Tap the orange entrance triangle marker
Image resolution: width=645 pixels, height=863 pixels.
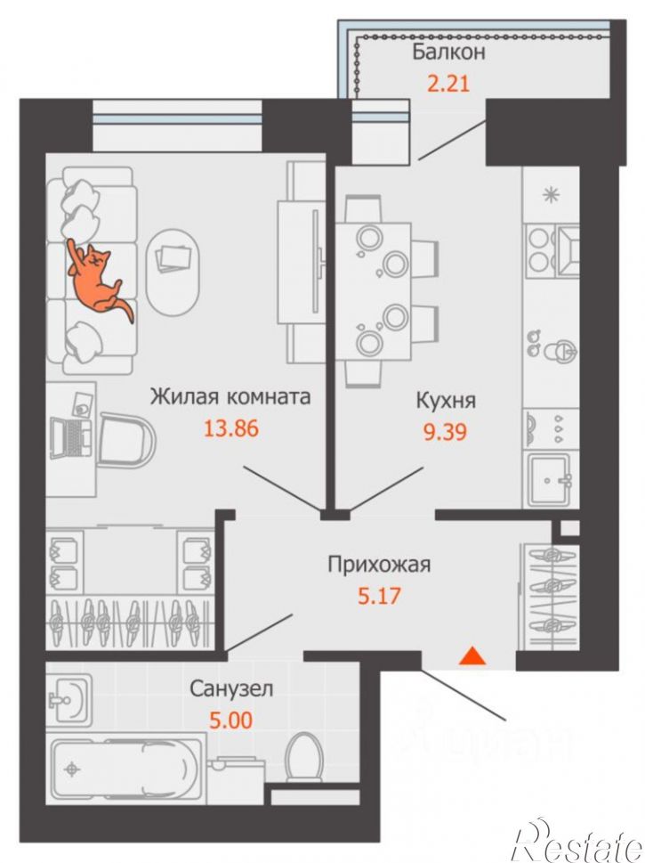(x=472, y=656)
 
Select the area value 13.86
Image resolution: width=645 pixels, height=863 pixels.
(x=231, y=428)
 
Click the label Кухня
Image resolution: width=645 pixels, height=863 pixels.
(x=446, y=401)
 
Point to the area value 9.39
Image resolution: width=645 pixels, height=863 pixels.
(x=445, y=431)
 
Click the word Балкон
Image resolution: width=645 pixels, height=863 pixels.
(x=448, y=53)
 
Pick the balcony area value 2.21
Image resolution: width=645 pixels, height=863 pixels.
(x=448, y=84)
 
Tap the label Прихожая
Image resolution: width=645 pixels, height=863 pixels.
(x=379, y=566)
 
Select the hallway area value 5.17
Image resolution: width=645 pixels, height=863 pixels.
(x=379, y=596)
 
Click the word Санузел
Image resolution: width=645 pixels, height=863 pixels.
(x=231, y=688)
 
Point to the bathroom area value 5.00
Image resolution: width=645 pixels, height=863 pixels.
(x=231, y=720)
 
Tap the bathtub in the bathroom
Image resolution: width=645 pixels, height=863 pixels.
(x=126, y=769)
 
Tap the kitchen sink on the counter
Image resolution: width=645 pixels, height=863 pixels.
(x=552, y=479)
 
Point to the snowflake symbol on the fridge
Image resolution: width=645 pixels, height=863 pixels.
(x=551, y=195)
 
